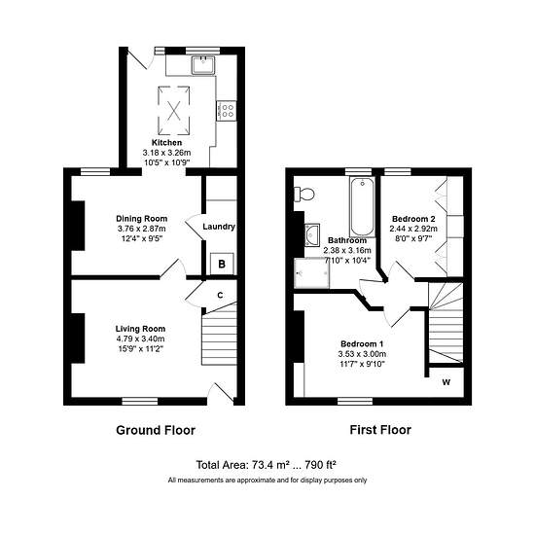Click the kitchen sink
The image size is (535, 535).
203,65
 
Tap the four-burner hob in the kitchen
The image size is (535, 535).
227,111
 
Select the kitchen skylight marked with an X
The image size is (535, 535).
174,111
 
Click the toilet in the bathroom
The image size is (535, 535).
304,195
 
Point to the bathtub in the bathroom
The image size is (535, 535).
362,207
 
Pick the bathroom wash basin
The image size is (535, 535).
312,234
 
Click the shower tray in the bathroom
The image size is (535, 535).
312,273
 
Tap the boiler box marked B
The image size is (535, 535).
222,264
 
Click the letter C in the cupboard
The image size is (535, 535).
221,296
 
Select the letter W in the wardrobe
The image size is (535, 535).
446,382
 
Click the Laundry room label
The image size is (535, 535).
219,227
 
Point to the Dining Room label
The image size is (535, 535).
142,219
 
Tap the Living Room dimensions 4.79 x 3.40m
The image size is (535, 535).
140,339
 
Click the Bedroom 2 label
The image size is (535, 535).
413,219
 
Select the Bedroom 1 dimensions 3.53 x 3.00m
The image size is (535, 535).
362,354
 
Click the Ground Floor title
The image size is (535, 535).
156,430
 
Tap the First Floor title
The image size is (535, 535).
380,430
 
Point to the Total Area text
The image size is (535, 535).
267,465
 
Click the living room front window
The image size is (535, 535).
140,401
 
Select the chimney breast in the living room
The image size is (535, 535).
78,339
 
